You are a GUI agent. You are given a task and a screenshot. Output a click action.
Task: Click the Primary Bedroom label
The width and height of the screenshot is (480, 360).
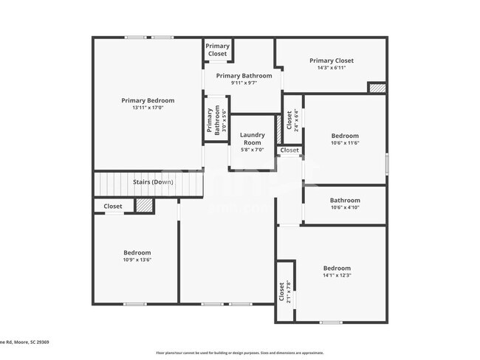148,100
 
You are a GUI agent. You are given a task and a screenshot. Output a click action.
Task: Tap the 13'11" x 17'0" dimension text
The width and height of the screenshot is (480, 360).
148,108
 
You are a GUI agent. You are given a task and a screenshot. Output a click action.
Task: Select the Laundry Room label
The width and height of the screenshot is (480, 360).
253,139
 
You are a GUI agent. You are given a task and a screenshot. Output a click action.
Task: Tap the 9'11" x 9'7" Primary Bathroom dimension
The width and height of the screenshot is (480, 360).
244,83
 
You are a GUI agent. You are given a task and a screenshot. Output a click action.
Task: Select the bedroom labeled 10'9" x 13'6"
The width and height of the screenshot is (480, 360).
137,256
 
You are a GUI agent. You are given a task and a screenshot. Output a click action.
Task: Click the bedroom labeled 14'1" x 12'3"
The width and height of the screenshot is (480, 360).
337,271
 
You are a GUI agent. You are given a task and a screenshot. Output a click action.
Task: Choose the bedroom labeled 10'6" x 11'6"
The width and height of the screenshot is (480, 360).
345,139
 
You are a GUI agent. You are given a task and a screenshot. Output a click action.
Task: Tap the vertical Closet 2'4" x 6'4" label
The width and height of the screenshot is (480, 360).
292,120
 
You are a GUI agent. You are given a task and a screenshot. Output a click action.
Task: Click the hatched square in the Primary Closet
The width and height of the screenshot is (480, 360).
377,88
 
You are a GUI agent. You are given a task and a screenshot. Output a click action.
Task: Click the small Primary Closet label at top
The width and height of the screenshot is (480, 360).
218,49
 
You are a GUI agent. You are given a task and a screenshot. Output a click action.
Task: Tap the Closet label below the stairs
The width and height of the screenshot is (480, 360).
113,207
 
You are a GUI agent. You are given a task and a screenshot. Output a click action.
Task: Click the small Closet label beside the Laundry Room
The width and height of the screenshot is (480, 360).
289,150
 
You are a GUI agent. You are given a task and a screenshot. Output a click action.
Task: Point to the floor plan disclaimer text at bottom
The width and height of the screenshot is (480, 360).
240,353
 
